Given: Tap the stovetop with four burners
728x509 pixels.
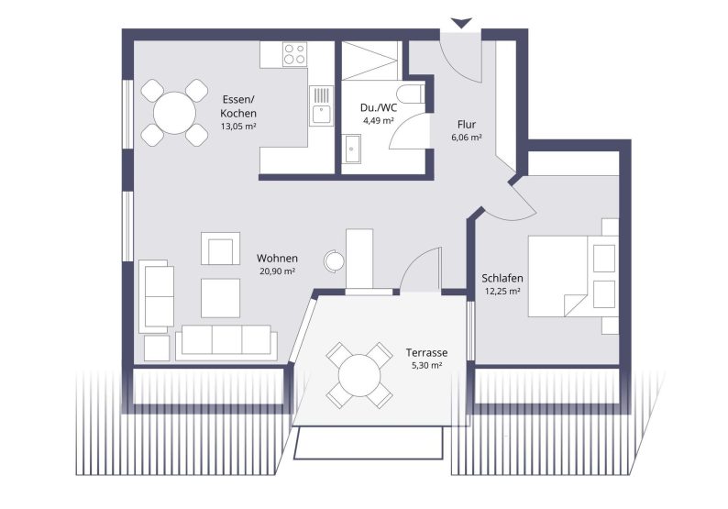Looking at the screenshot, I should (x=294, y=54).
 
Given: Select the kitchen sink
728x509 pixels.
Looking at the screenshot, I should (x=321, y=114).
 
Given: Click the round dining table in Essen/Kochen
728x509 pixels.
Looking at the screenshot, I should (x=174, y=115).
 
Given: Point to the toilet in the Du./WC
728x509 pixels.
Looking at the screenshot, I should (x=410, y=94).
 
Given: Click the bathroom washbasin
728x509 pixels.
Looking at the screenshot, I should (x=352, y=147).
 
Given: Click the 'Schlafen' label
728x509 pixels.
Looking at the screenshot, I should (x=502, y=278).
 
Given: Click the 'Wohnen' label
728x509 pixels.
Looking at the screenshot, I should (x=276, y=258).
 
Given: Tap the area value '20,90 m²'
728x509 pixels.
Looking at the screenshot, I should (x=276, y=271).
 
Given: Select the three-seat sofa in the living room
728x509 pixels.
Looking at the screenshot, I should (x=226, y=340).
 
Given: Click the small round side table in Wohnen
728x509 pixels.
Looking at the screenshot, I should (x=335, y=261).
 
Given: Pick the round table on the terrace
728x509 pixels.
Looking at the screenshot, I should (x=358, y=374).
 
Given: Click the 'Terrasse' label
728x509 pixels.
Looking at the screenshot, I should (x=426, y=352).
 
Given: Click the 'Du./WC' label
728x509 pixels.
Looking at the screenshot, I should (x=377, y=107).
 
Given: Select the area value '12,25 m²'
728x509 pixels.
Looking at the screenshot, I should (x=502, y=291).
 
